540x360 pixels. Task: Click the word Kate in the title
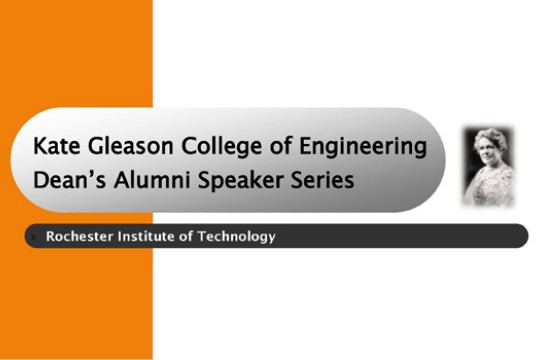pos(55,147)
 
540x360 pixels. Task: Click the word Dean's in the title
pos(67,181)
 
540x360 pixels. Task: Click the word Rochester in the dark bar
pos(81,237)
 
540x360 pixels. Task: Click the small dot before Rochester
pos(36,237)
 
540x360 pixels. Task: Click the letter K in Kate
pos(40,147)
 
